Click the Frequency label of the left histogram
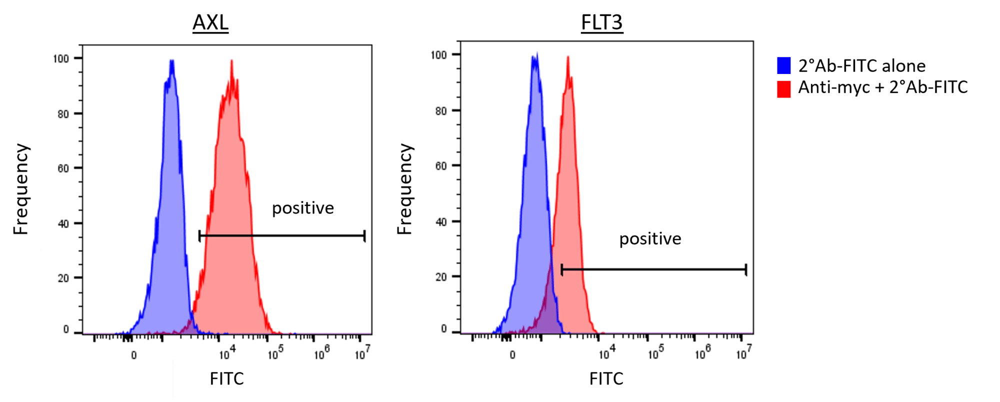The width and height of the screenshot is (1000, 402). (21, 189)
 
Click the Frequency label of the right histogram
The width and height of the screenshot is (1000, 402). (404, 189)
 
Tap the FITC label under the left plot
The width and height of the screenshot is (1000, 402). (227, 378)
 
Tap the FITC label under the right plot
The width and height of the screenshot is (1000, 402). (606, 378)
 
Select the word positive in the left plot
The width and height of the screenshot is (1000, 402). (302, 208)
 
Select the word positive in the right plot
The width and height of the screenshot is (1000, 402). (650, 239)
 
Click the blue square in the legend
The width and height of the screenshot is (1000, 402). (783, 65)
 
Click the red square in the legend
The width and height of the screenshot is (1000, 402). (783, 89)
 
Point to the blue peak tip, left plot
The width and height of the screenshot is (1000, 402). (172, 61)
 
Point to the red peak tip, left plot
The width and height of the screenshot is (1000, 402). (231, 61)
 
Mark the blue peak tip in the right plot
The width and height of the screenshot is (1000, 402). (535, 53)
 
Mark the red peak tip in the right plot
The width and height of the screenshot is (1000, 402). (568, 57)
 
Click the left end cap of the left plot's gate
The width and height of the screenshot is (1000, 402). (199, 235)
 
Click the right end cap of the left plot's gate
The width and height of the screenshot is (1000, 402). (364, 235)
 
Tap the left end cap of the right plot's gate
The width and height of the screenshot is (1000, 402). (562, 270)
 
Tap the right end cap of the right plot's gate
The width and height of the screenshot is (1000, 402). (746, 270)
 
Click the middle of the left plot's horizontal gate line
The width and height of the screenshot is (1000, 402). (282, 235)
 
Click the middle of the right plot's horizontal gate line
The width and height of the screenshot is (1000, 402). (654, 270)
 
